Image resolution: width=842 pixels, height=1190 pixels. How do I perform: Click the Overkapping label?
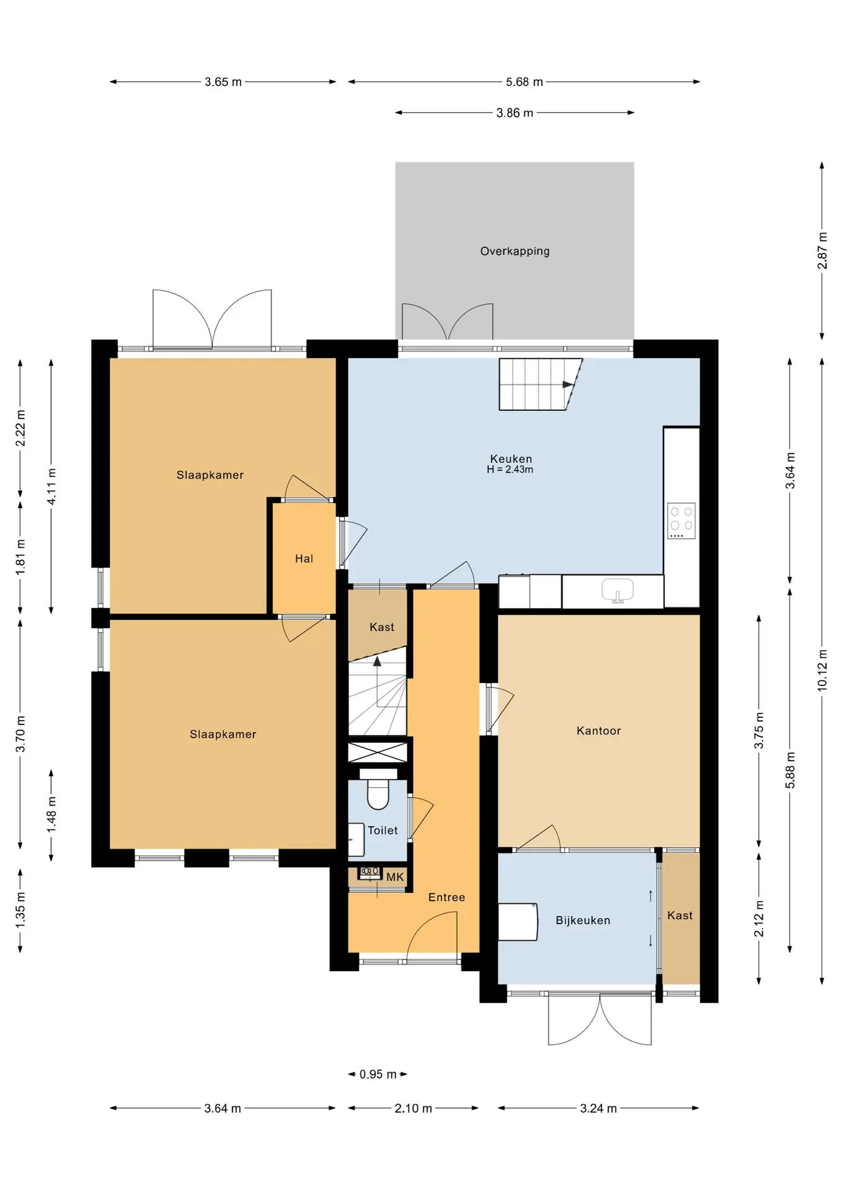515,251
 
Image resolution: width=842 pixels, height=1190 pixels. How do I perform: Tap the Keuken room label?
511,459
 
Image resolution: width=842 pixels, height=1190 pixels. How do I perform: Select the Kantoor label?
598,731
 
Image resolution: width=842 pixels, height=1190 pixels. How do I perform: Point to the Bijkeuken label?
583,920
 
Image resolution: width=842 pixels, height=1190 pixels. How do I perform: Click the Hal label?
304,558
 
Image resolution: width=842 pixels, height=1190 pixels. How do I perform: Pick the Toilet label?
383,831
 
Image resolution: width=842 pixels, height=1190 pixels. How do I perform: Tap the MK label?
395,877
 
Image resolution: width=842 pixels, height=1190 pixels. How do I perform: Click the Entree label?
446,897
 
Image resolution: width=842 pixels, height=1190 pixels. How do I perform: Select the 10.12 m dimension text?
822,671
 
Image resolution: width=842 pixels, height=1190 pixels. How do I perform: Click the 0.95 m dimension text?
378,1074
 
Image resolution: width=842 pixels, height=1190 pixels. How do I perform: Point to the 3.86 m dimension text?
515,113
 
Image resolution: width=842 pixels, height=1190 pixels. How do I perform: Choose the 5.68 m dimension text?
525,82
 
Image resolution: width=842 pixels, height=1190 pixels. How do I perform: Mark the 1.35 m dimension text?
20,910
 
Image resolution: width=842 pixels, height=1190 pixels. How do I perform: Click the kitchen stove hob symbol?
681,521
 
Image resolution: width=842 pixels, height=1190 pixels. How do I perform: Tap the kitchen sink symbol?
618,590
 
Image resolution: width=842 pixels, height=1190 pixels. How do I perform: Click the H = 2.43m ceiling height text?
510,469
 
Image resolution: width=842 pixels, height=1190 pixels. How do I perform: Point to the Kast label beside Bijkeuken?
680,915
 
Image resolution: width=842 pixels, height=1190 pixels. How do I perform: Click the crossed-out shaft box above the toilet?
378,752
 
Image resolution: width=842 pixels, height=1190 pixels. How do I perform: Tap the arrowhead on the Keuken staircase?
568,385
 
